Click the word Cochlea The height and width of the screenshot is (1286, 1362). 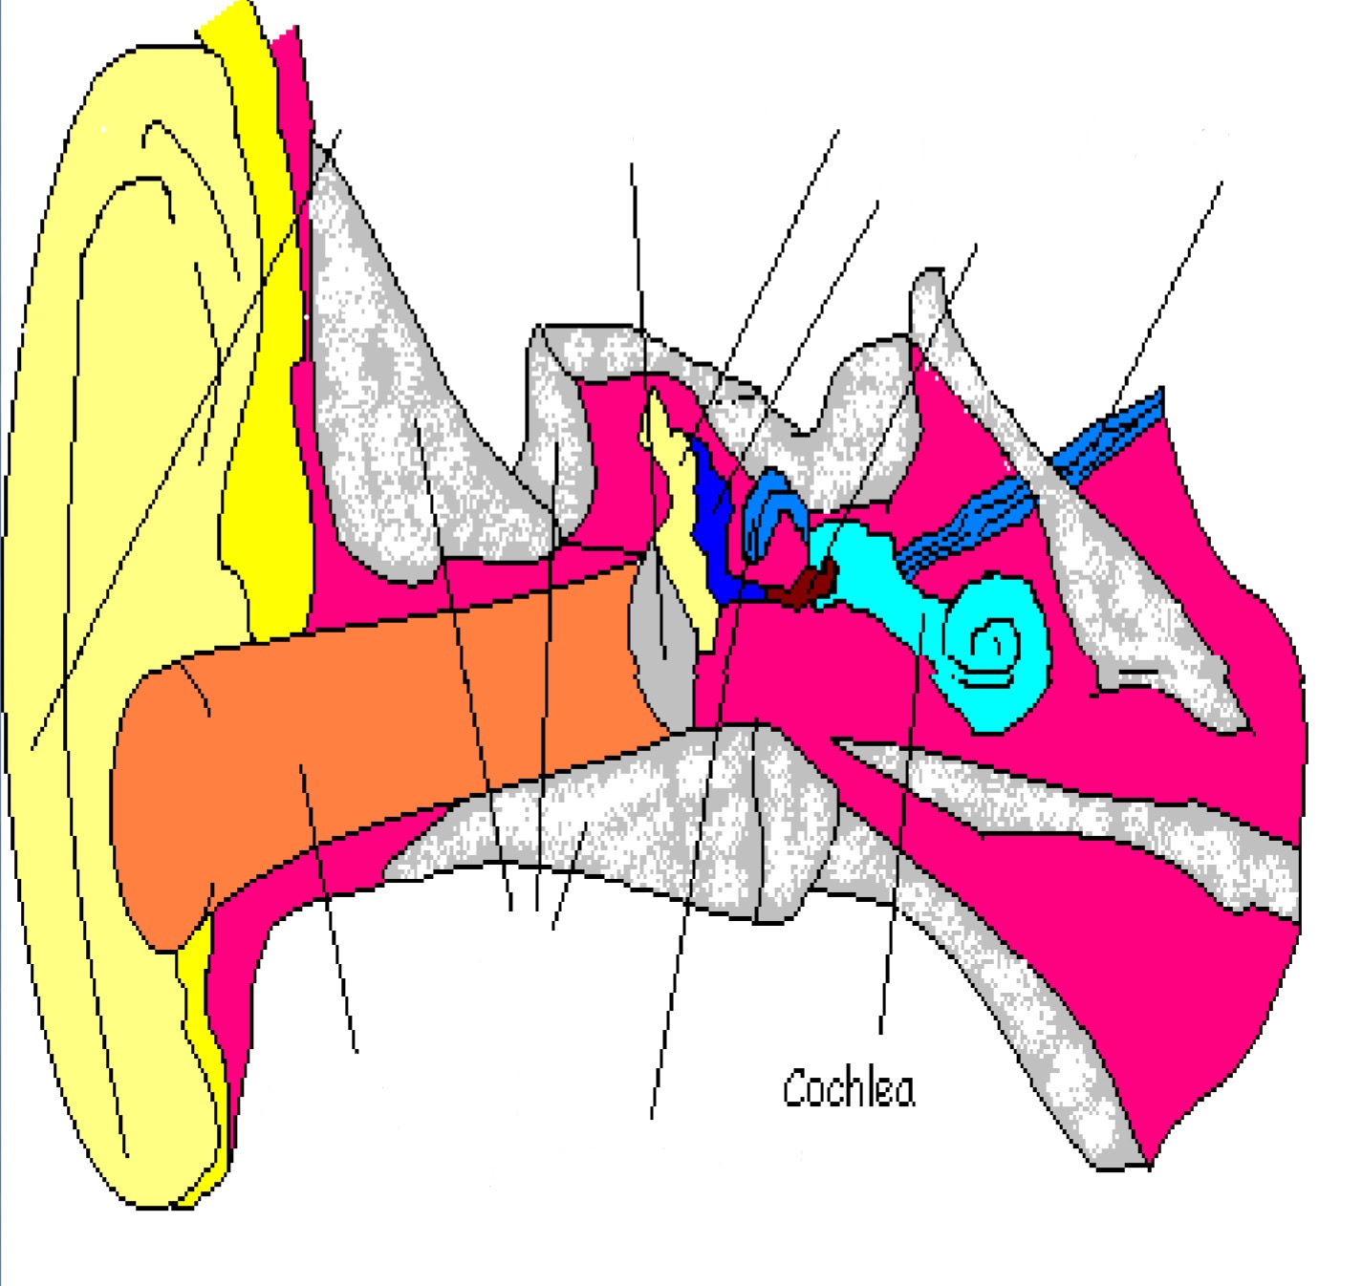coord(848,1088)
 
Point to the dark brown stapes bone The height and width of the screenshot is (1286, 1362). coord(808,586)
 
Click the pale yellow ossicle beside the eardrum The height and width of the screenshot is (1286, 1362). coord(681,506)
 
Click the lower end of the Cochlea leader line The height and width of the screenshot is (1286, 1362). coord(881,1032)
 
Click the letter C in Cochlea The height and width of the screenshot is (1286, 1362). coord(792,1088)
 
